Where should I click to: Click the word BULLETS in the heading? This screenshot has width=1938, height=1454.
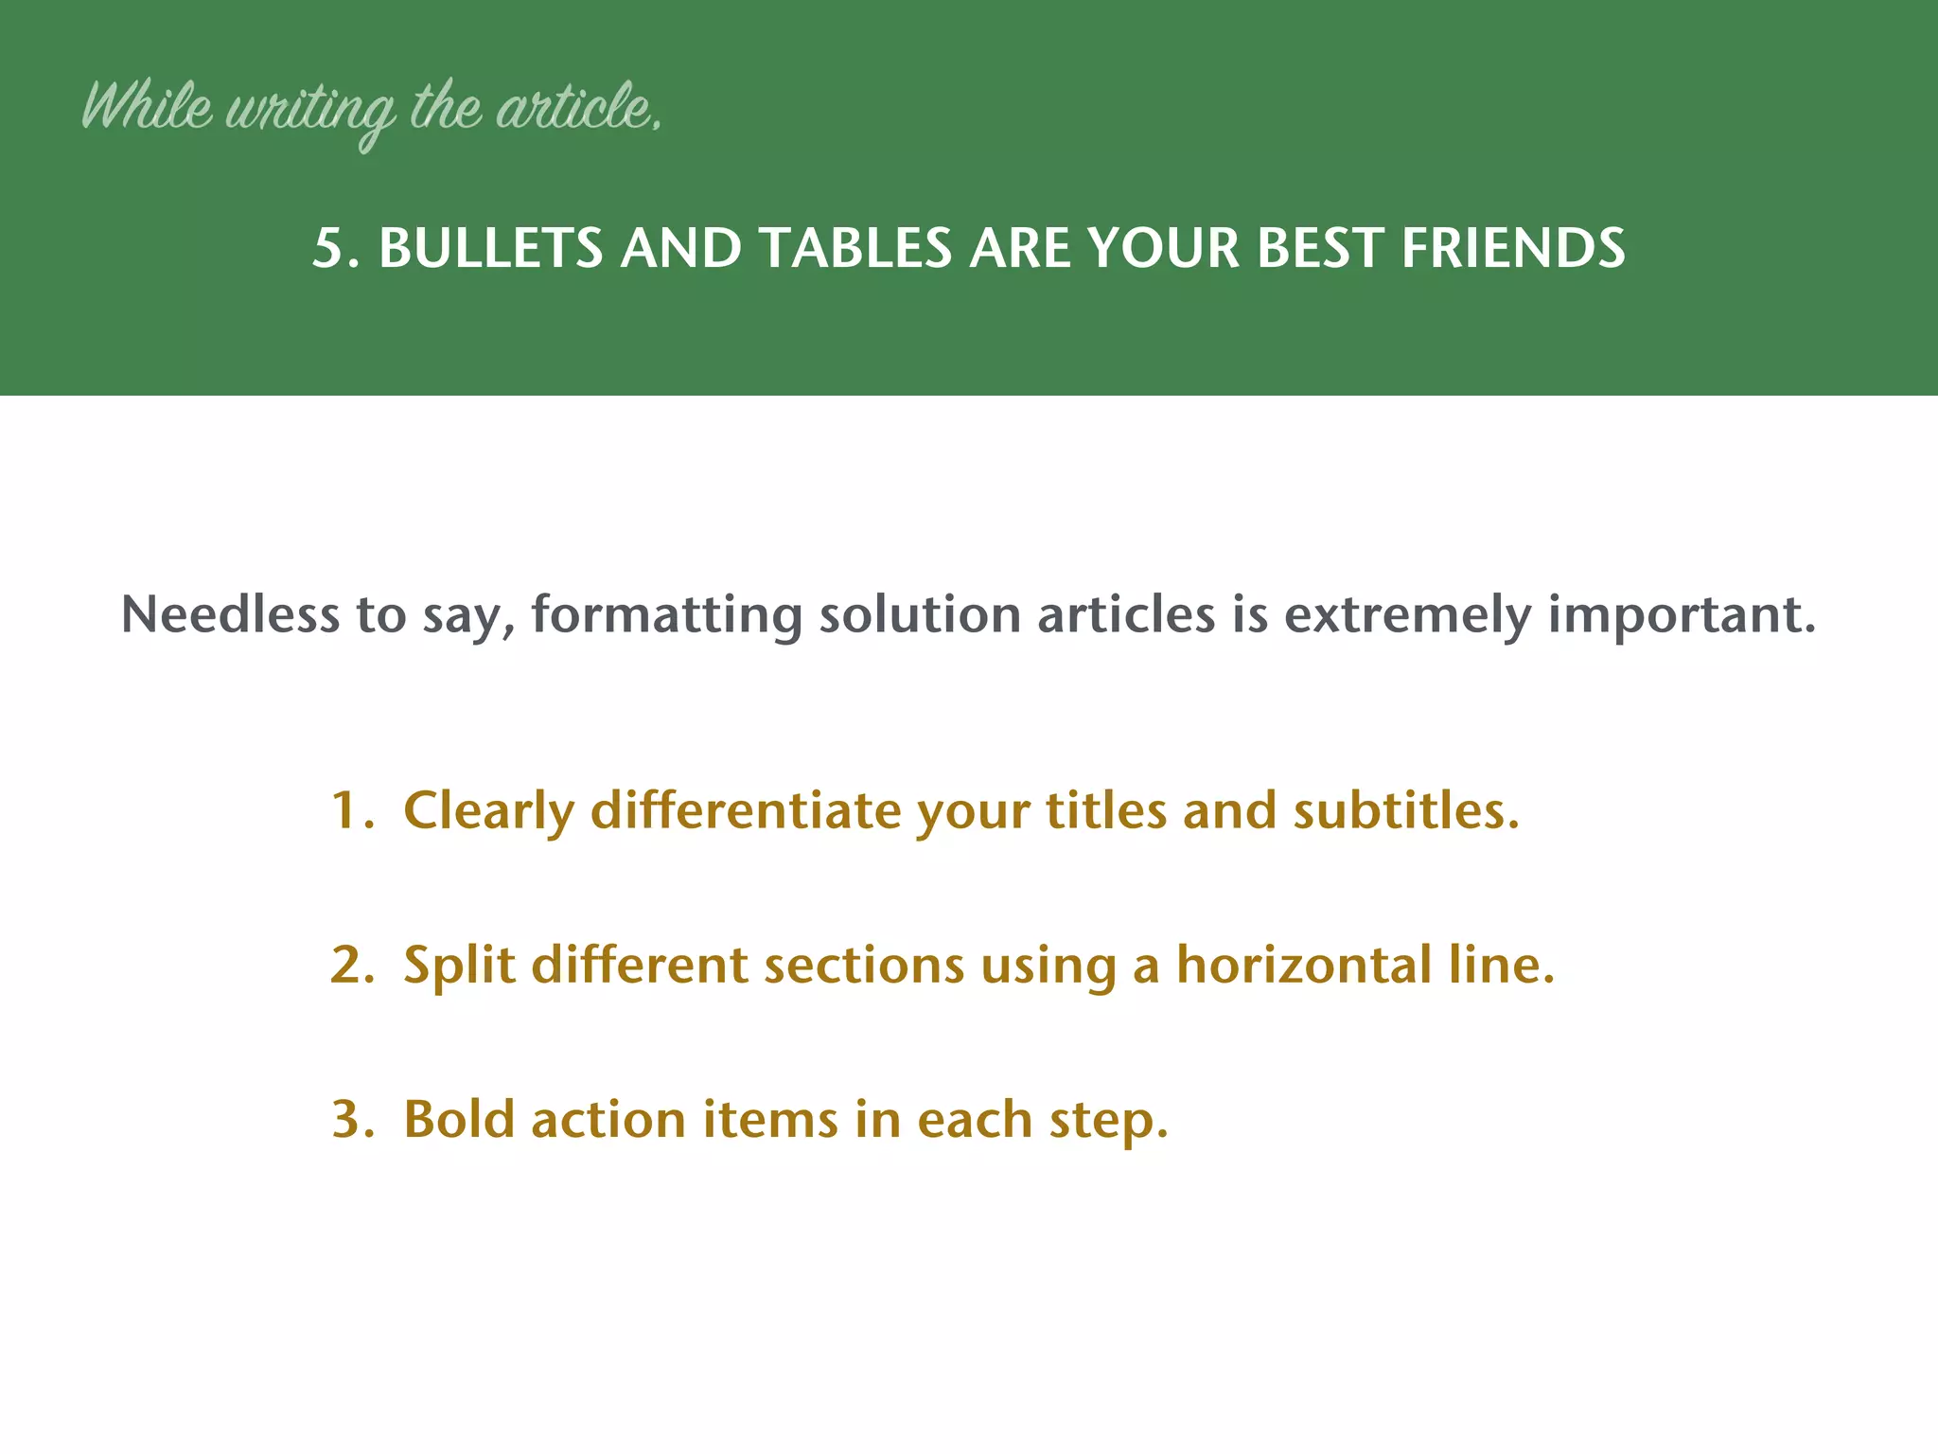490,249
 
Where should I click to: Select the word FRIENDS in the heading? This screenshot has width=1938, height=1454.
1512,249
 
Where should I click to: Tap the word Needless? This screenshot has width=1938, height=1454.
230,614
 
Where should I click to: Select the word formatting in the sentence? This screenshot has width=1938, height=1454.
666,616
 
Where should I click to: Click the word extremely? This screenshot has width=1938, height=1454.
1407,616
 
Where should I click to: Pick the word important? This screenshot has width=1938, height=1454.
1682,616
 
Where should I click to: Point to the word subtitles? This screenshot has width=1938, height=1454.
1405,811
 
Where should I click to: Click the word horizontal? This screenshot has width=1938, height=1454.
1303,966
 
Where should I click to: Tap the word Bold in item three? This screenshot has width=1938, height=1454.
459,1120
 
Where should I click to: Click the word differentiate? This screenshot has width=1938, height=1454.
746,811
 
